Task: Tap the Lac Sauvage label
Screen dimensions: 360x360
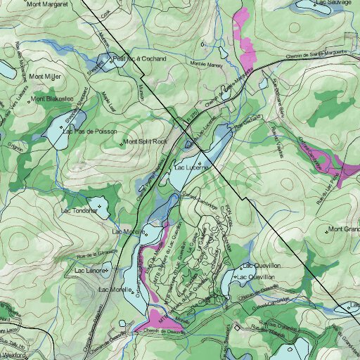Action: coord(334,3)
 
